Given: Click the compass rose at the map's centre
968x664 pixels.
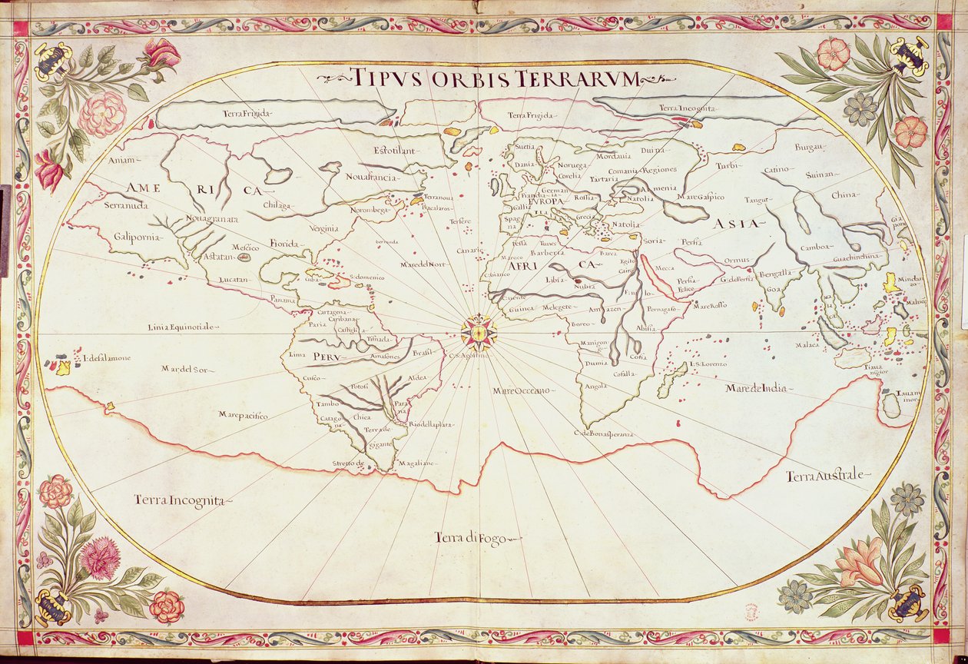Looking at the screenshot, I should click(479, 332).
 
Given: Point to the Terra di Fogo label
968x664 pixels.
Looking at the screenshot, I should click(470, 538).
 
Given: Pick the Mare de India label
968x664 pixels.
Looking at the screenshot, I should click(756, 389).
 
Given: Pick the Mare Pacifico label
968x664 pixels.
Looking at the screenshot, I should click(243, 416).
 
